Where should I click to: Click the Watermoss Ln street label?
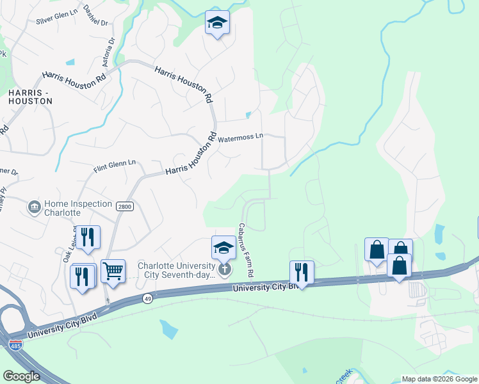[240, 137]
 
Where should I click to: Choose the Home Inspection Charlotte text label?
[62, 207]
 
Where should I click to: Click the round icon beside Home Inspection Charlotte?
[33, 207]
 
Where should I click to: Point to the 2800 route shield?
[124, 207]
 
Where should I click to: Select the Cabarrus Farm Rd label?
[247, 250]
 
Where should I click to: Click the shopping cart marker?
[113, 272]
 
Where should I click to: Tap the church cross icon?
[224, 269]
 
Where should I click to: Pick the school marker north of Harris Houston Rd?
[218, 23]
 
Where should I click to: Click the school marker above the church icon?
[223, 247]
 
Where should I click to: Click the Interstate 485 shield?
[15, 345]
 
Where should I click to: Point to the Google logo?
[21, 376]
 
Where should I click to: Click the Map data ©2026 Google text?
[439, 379]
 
